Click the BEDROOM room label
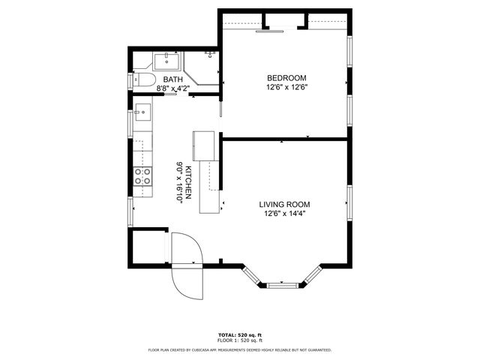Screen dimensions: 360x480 [287, 78]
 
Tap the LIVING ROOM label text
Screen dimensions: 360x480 [284, 204]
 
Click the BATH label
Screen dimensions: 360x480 [173, 79]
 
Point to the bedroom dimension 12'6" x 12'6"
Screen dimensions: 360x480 [287, 87]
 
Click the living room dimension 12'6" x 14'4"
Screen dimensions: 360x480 [284, 213]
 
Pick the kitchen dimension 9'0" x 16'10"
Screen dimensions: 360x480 [179, 182]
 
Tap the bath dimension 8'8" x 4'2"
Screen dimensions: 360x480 [173, 88]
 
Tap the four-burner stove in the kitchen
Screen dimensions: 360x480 [142, 175]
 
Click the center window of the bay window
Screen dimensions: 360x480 [282, 285]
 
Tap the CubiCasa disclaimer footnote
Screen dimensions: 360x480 [240, 349]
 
